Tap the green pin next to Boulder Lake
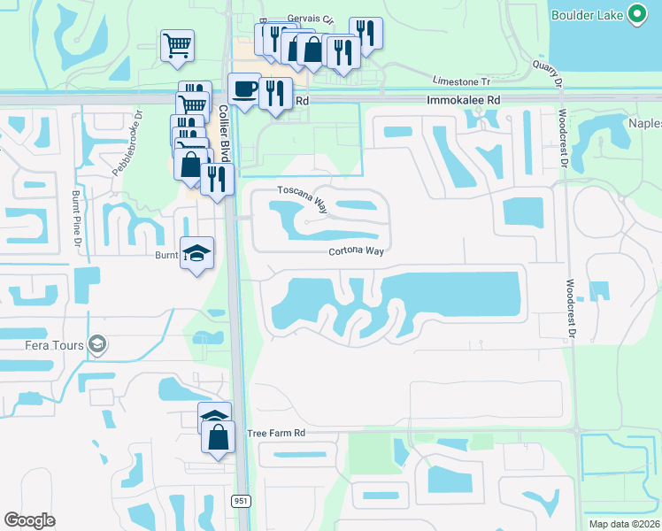635,13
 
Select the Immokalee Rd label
464,101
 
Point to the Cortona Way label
356,251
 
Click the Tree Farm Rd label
276,434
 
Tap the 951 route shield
240,501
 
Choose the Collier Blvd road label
225,133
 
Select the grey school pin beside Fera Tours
97,345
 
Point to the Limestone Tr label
460,80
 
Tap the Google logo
30,520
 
